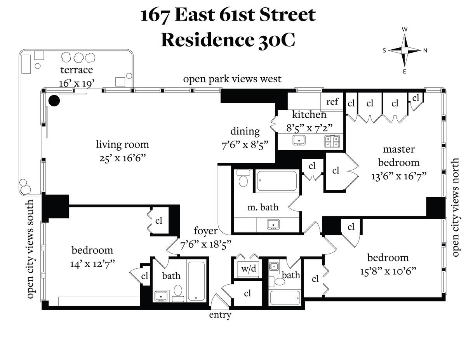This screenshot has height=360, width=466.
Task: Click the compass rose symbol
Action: pyautogui.click(x=404, y=50)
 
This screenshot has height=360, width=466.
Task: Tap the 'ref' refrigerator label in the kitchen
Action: pyautogui.click(x=332, y=102)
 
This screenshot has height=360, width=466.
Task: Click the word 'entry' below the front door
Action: pyautogui.click(x=220, y=315)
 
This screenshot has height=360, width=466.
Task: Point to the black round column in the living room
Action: pyautogui.click(x=54, y=101)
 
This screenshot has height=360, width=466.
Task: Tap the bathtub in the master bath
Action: pyautogui.click(x=277, y=181)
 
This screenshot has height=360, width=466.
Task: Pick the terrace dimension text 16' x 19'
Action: pyautogui.click(x=76, y=83)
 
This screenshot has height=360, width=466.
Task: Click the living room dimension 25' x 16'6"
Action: pyautogui.click(x=122, y=158)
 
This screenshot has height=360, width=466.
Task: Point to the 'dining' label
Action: pyautogui.click(x=245, y=131)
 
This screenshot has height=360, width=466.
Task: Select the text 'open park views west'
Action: pyautogui.click(x=232, y=79)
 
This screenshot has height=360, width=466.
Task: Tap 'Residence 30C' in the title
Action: pyautogui.click(x=228, y=39)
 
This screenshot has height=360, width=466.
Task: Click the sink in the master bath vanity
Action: pyautogui.click(x=275, y=224)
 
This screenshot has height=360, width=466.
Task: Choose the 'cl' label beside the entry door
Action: pyautogui.click(x=247, y=293)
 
